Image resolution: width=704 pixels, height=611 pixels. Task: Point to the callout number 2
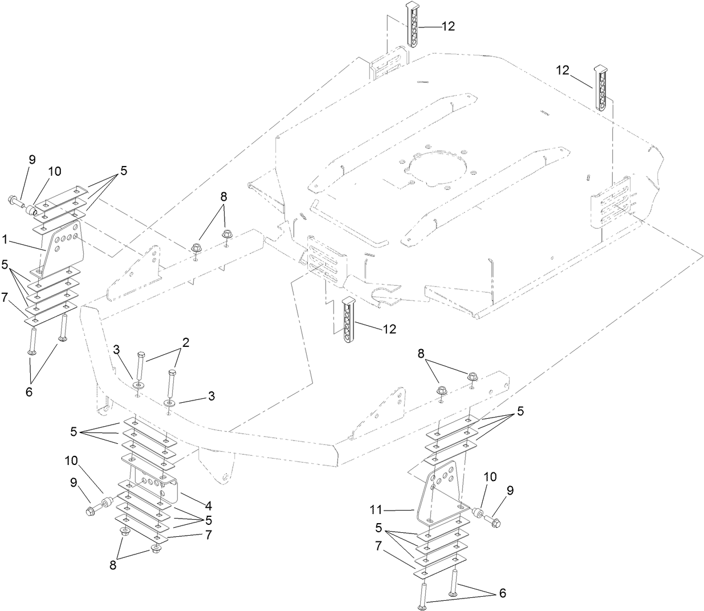point(185,342)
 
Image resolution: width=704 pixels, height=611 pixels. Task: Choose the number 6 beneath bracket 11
point(502,593)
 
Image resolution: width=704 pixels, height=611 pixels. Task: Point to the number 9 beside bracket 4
point(74,482)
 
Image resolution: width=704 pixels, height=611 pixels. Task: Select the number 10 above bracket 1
point(55,171)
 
